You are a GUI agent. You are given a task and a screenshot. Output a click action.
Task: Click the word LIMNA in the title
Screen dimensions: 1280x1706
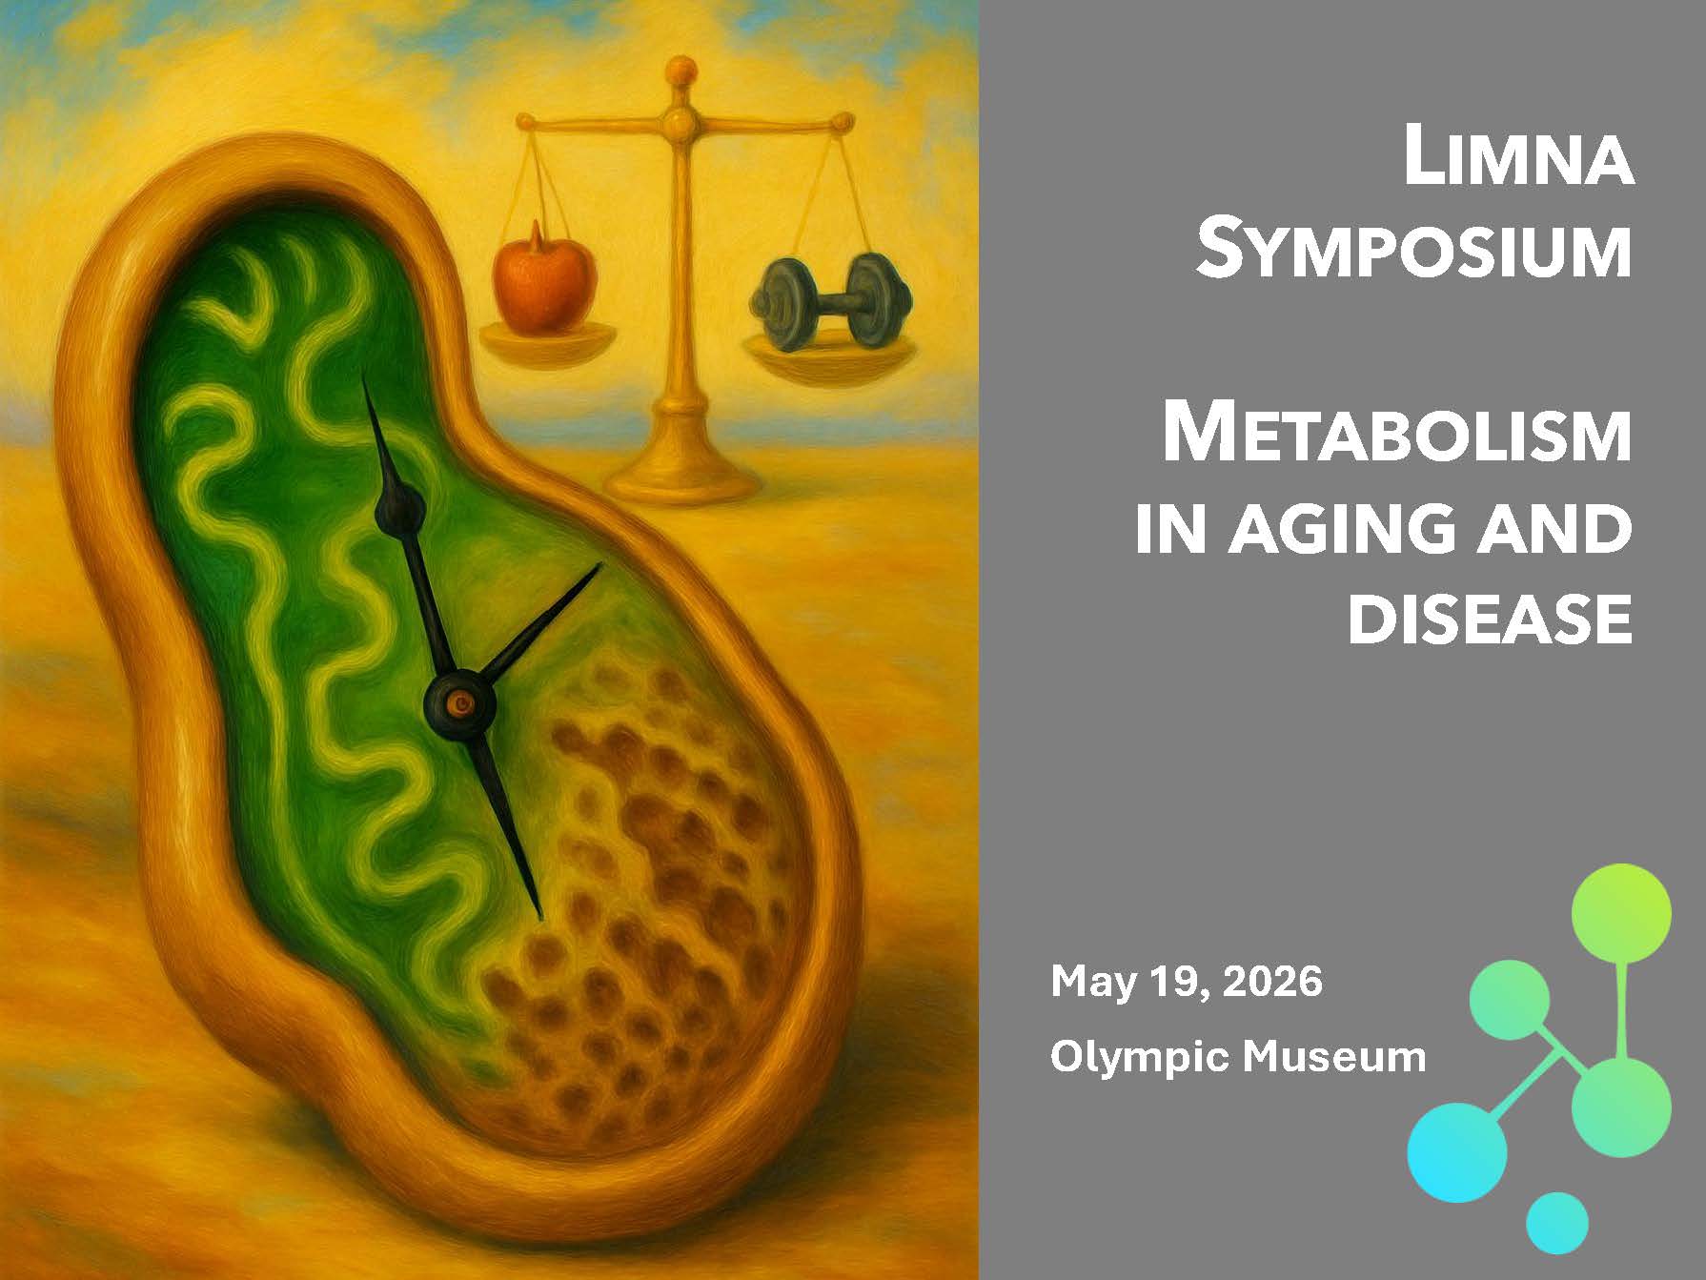(x=1517, y=159)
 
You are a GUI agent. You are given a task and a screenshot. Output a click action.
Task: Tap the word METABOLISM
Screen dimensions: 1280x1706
(x=1395, y=436)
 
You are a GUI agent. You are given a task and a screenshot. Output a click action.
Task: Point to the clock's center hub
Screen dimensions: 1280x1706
(x=460, y=704)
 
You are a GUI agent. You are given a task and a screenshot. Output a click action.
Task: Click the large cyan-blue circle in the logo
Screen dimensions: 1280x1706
(x=1457, y=1150)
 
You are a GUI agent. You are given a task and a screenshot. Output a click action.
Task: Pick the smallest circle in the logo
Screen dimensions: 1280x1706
(x=1556, y=1223)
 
